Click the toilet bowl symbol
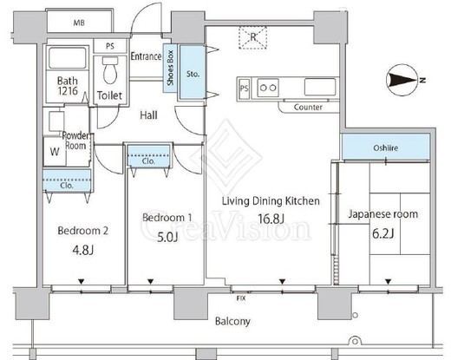coord(110,69)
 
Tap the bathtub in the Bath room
coord(68,58)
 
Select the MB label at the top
coord(79,23)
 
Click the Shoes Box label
coord(170,68)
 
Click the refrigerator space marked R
coord(252,37)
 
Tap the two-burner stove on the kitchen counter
coord(268,88)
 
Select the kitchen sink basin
coord(320,87)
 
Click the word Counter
coord(308,108)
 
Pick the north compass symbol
coord(402,80)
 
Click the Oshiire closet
coord(386,147)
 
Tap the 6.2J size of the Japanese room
coord(382,233)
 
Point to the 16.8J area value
coord(271,219)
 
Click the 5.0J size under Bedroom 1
coord(167,238)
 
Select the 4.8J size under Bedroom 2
coord(82,251)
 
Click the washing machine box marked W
coord(55,152)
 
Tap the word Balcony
coord(232,321)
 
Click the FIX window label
coord(241,298)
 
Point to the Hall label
coord(148,115)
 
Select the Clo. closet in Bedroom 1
coord(148,156)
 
